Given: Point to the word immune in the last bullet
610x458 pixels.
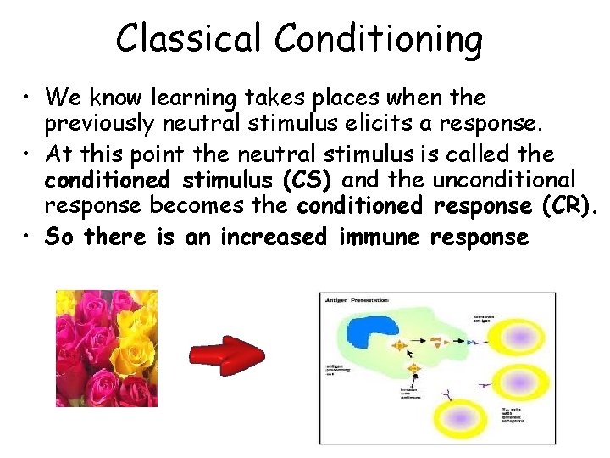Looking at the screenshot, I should click(379, 237).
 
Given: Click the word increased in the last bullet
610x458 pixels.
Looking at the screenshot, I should click(274, 237).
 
